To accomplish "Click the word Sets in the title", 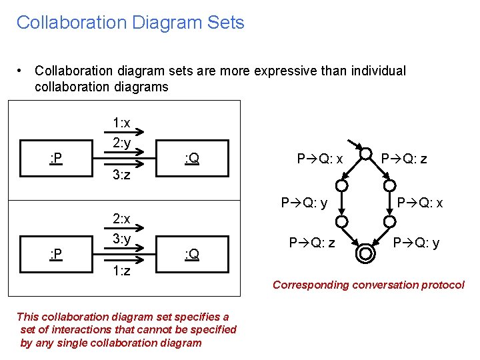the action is pos(225,23).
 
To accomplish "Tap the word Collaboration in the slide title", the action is pos(71,23).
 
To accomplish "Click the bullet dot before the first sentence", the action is pos(22,71).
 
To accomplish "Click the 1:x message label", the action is pos(121,123).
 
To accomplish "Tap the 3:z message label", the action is pos(121,176).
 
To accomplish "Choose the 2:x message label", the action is pos(121,219).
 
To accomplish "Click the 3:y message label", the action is pos(121,238).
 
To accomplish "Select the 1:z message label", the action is pos(121,271).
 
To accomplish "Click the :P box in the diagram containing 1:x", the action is pos(57,158).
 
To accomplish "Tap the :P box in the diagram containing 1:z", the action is pos(57,254).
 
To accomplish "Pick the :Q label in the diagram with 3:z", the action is pos(192,158).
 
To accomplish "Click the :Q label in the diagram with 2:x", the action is pos(192,254).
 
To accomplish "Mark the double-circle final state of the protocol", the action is pos(365,253).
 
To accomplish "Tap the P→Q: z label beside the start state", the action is pos(404,159).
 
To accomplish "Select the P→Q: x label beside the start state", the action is pos(320,159).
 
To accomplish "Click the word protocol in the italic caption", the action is pos(441,285).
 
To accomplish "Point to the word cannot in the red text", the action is pos(167,329).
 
